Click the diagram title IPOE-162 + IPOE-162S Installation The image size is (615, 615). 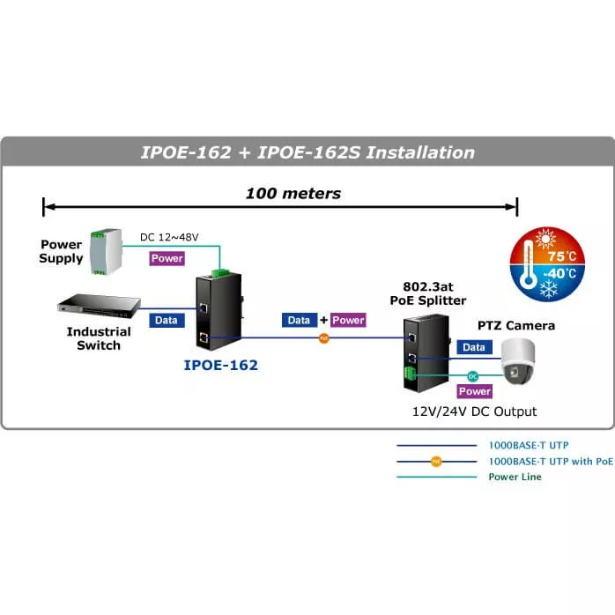point(307,152)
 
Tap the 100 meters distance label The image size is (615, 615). point(293,193)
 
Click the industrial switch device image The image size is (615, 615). point(99,306)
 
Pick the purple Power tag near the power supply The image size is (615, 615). point(167,258)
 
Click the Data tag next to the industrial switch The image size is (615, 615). point(166,321)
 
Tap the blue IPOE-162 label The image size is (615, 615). point(220,364)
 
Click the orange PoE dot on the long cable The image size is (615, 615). point(323,337)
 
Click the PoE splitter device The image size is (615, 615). point(416,352)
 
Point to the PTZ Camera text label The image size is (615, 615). point(516,326)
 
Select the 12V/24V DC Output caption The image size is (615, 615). point(475,411)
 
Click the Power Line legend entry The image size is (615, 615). point(515,477)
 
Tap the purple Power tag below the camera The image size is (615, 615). point(475,391)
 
